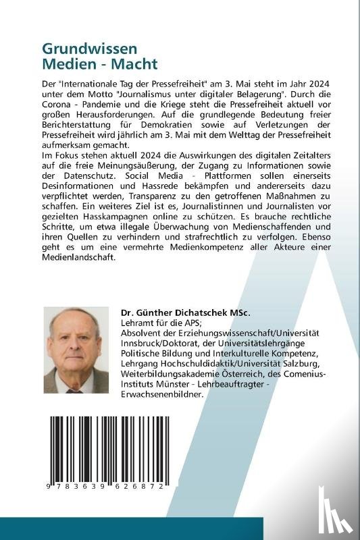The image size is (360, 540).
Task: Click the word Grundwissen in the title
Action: (x=80, y=49)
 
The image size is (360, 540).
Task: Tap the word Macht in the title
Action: (x=134, y=65)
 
